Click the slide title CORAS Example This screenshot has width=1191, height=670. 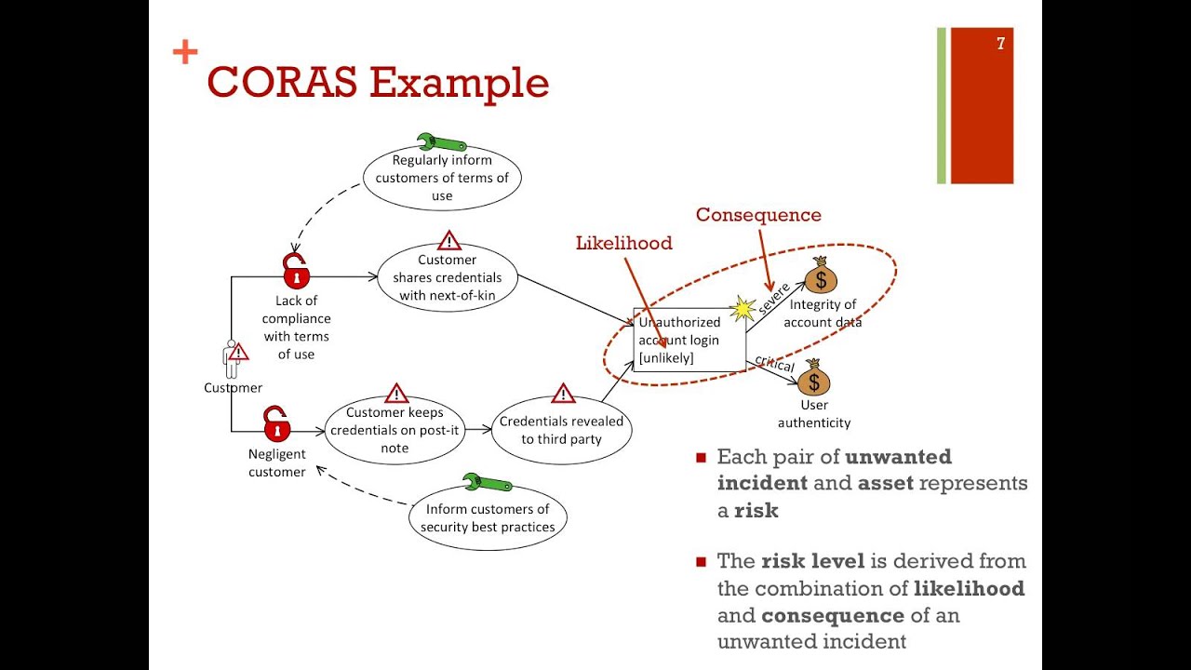(x=377, y=82)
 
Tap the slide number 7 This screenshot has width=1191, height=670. (x=1000, y=44)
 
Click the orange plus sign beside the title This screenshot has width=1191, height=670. (x=185, y=53)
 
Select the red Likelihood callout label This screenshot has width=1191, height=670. (x=623, y=243)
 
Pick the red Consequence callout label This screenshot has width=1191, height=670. (x=758, y=215)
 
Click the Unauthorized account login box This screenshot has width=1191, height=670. (x=689, y=340)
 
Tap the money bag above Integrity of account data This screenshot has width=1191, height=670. (x=820, y=275)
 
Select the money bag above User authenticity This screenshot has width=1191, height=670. (x=813, y=378)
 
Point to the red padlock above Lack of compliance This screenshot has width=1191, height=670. (x=296, y=272)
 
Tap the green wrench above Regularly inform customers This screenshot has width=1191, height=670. (x=441, y=142)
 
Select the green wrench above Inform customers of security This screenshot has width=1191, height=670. (x=487, y=483)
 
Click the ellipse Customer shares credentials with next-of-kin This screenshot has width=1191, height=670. (x=447, y=277)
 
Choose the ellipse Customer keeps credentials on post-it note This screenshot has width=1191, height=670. (x=395, y=430)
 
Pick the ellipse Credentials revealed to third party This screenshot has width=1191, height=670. (x=561, y=430)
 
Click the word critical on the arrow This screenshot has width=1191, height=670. (x=774, y=363)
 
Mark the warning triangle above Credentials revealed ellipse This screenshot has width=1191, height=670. (x=563, y=394)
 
